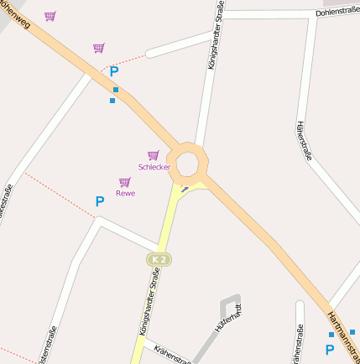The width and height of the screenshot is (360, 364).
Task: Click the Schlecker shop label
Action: (154, 167)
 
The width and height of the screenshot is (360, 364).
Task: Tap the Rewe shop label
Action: (125, 194)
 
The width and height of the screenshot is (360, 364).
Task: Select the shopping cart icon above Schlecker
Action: (153, 155)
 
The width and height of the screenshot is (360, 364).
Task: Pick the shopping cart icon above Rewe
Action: (124, 182)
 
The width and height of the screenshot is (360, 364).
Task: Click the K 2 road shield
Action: (158, 260)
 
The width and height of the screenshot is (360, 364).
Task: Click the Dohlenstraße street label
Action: (337, 13)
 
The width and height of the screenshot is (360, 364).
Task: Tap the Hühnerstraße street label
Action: (304, 140)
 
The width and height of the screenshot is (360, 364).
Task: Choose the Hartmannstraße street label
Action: (342, 330)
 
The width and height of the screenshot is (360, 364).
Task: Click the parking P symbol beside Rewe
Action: (99, 202)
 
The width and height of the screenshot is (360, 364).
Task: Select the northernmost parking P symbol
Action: (114, 72)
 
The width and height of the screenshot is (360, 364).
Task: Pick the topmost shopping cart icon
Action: (50, 16)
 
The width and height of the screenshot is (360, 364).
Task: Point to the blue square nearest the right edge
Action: (352, 332)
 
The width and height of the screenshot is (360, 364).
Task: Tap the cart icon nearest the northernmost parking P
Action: (99, 48)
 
